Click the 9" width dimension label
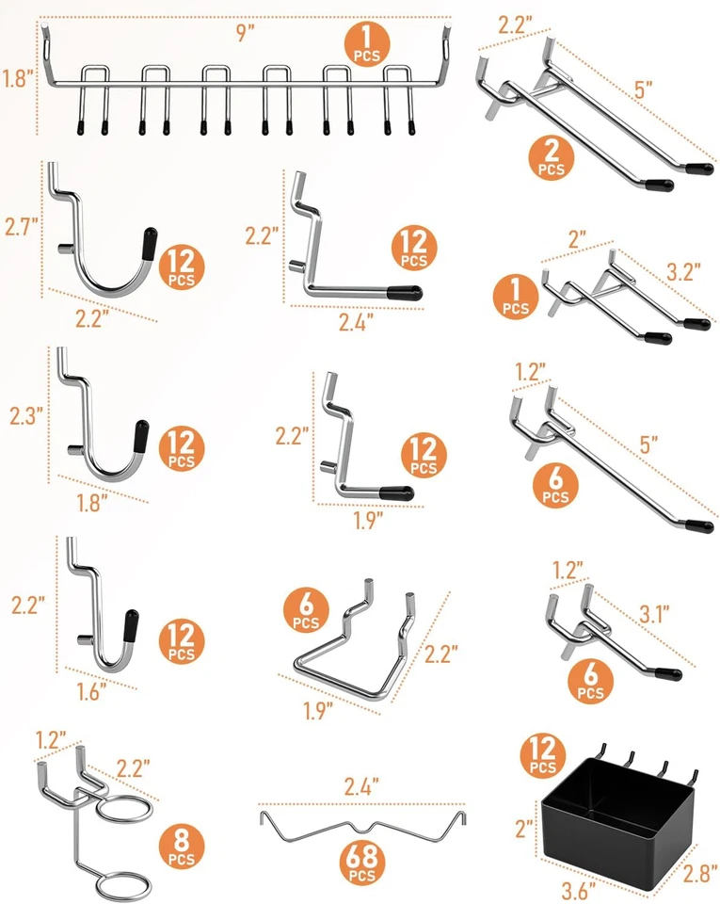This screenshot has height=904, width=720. point(245,34)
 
